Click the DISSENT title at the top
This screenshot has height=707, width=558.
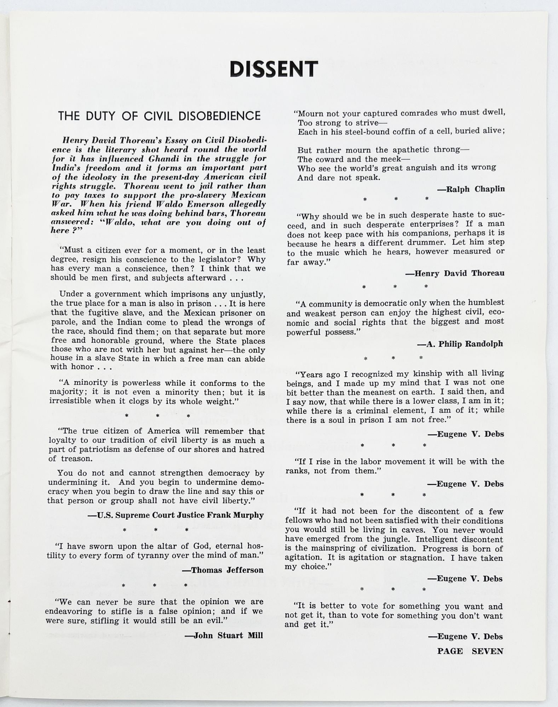click(x=274, y=69)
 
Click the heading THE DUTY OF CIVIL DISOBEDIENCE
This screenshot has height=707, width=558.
click(x=159, y=116)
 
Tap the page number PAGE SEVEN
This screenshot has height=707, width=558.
click(x=470, y=651)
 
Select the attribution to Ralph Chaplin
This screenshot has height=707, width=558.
click(x=471, y=189)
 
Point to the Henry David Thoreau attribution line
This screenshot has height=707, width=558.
click(x=455, y=273)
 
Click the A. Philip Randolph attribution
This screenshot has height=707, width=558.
click(x=460, y=344)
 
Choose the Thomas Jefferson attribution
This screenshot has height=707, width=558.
click(x=223, y=570)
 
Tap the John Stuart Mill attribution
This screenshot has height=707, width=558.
click(x=224, y=635)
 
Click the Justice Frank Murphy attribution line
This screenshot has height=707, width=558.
click(x=176, y=515)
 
